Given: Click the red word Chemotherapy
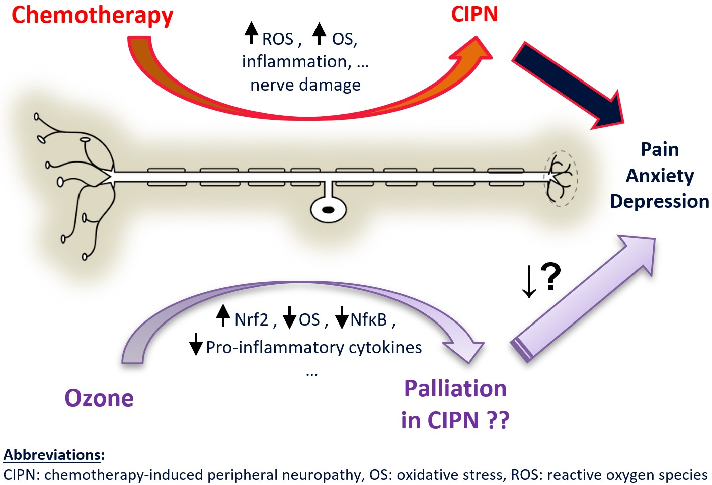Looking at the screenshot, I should (x=92, y=15).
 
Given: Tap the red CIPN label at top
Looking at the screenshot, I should (x=474, y=14).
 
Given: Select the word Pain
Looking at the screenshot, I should (x=659, y=149).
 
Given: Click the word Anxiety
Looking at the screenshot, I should (x=659, y=176).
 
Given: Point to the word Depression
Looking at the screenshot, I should (x=659, y=201).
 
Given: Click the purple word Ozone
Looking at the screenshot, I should (x=99, y=398).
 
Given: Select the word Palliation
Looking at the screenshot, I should (x=455, y=389).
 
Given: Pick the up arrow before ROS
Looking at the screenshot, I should (x=251, y=33).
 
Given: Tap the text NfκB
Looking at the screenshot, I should (x=368, y=319).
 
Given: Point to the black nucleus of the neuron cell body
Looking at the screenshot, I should (x=328, y=210).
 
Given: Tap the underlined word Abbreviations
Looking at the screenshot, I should (x=52, y=455).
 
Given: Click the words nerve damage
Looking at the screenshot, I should (x=305, y=85).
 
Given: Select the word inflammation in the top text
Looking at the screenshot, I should (x=294, y=61).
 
